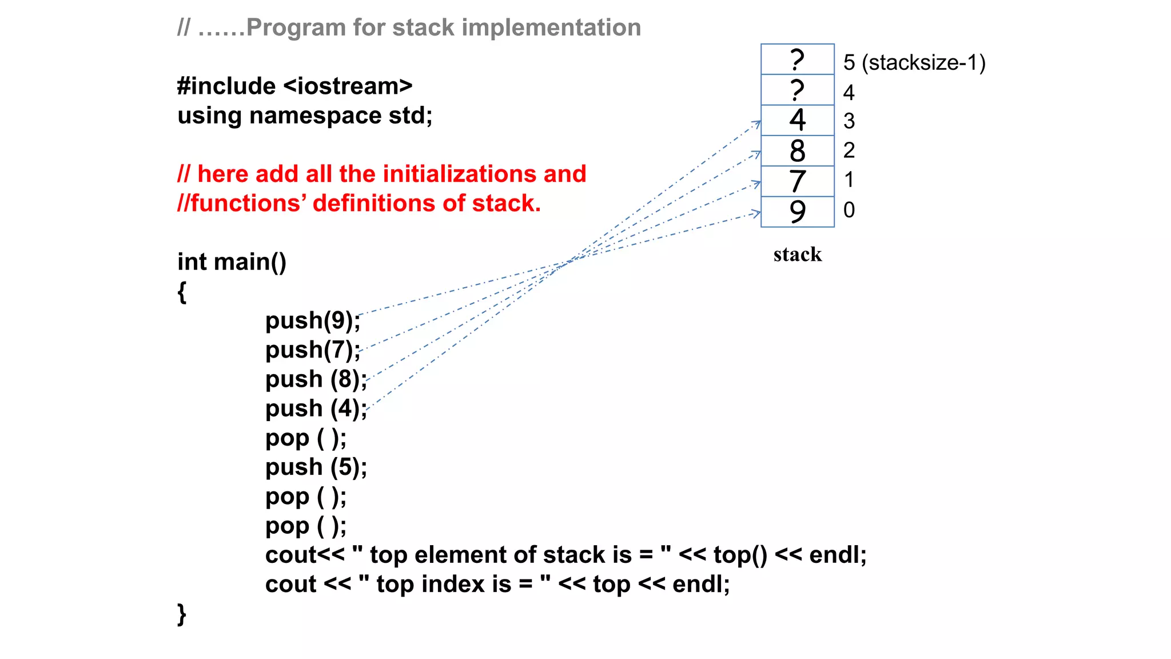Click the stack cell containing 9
coord(797,212)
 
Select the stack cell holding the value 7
coord(797,181)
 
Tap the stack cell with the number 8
coord(797,151)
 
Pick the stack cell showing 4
coord(797,120)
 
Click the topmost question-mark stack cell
coord(797,59)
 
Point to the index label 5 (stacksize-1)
coord(914,63)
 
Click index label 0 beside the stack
coord(849,210)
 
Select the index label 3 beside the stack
coord(849,121)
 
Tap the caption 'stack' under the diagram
coord(797,255)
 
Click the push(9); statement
coord(313,320)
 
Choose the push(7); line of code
coord(313,350)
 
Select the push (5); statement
coord(316,467)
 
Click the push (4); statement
coord(316,408)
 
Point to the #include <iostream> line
coord(294,86)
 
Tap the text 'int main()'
coord(232,262)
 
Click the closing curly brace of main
coord(182,614)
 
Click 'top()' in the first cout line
coord(740,555)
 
